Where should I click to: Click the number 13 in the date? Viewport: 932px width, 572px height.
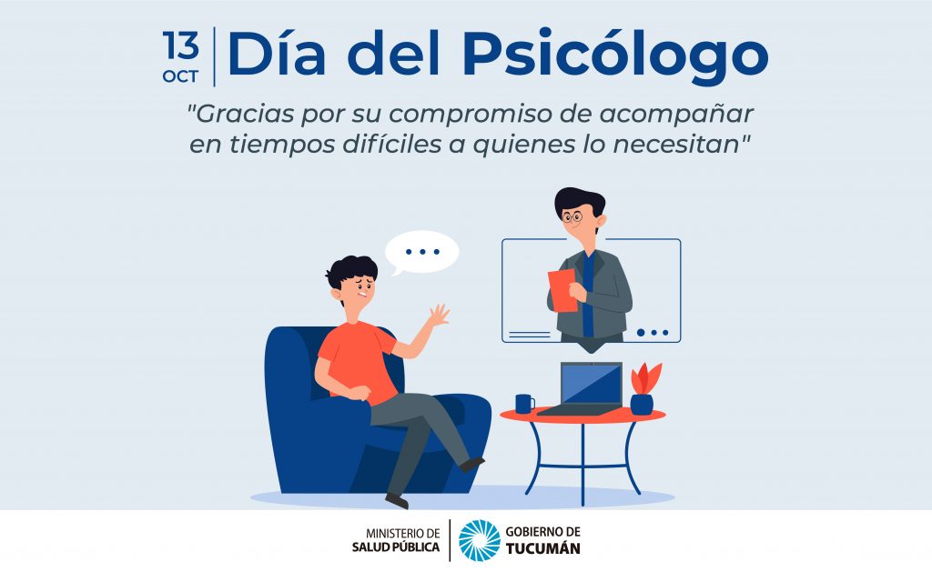[181, 45]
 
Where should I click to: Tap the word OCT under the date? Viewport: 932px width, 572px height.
[181, 76]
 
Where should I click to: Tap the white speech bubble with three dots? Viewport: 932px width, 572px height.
[421, 253]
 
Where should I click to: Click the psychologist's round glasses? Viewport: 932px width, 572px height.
[572, 216]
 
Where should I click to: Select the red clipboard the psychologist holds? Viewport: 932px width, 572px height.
[562, 290]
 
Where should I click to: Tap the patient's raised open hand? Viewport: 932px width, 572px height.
[439, 315]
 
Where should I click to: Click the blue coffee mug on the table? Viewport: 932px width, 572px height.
[524, 404]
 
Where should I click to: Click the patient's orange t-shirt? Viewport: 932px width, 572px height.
[358, 361]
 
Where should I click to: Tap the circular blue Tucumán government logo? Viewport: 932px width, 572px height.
[480, 540]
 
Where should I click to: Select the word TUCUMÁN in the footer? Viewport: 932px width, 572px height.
[542, 548]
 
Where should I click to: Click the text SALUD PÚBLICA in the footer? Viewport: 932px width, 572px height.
[396, 547]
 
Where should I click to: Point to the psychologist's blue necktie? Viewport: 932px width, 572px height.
[588, 294]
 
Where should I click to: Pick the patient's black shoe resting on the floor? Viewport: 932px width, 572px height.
[397, 501]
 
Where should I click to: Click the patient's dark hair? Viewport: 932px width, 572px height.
[351, 270]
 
